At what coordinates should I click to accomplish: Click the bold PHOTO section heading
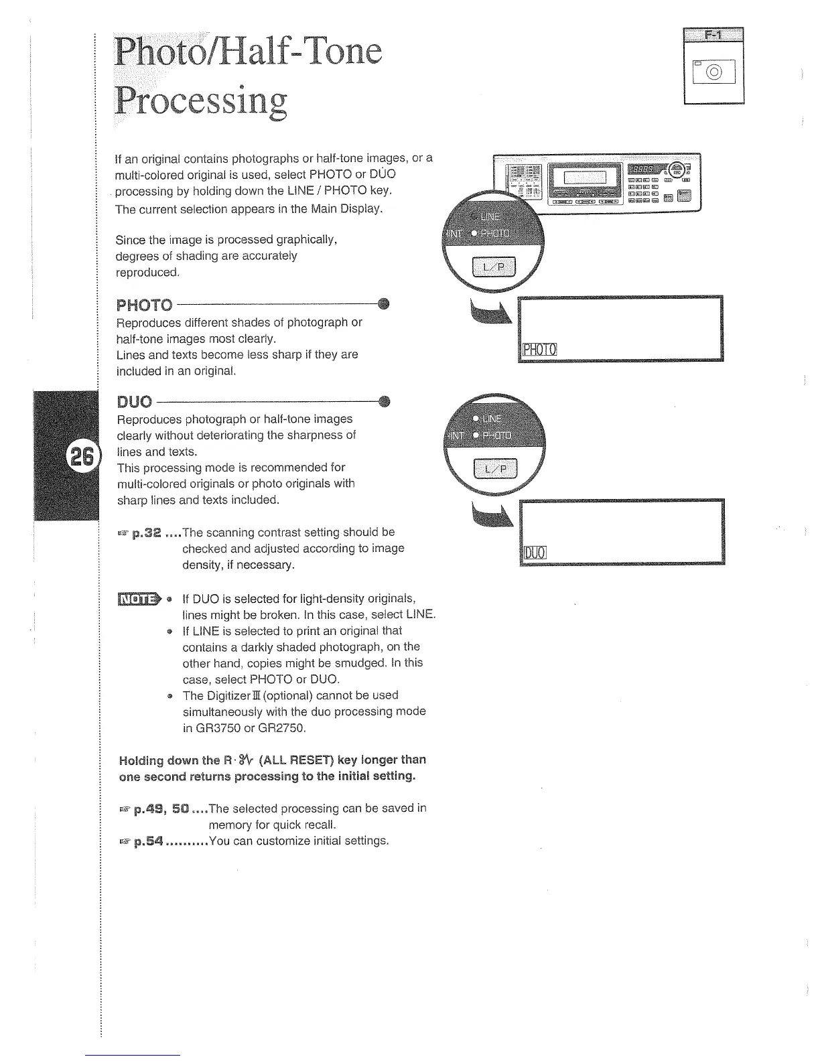click(144, 305)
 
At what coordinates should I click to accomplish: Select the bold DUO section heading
click(135, 402)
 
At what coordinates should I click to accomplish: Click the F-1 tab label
click(714, 36)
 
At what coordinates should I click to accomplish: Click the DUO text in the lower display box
click(535, 553)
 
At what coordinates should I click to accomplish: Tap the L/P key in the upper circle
click(495, 269)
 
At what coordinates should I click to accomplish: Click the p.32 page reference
click(146, 533)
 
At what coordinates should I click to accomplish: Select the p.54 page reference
click(147, 841)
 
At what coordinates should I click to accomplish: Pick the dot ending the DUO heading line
click(384, 401)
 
